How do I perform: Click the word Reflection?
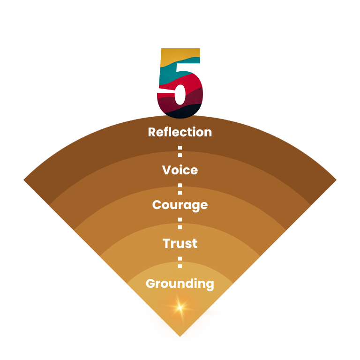[x=180, y=132]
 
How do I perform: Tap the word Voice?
[x=180, y=170]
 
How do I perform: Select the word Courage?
[x=180, y=205]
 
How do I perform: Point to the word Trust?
[x=180, y=244]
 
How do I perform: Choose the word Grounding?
[x=180, y=284]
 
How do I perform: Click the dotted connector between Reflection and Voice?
[x=180, y=151]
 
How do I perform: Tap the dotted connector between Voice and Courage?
[x=180, y=188]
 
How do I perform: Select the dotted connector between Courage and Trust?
[x=180, y=224]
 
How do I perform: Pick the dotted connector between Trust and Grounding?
[x=180, y=262]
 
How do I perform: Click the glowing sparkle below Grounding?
[x=179, y=307]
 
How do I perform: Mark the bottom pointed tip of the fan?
[x=180, y=336]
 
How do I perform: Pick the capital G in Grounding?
[x=150, y=284]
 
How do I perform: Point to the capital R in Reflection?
[x=152, y=132]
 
